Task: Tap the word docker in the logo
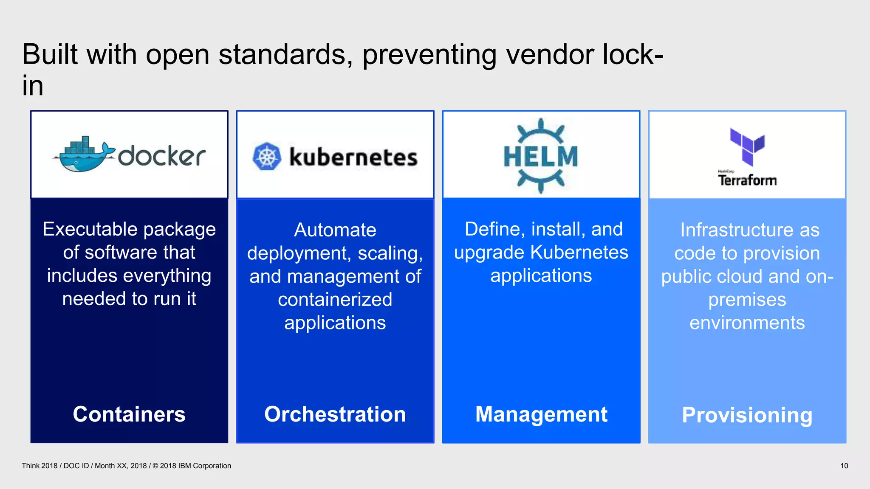pyautogui.click(x=162, y=156)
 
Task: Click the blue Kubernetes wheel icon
pyautogui.click(x=267, y=156)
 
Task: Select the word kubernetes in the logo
pyautogui.click(x=353, y=157)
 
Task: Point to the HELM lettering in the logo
pyautogui.click(x=541, y=156)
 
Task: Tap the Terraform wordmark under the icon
pyautogui.click(x=747, y=180)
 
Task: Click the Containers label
pyautogui.click(x=129, y=414)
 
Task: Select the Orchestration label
pyautogui.click(x=335, y=414)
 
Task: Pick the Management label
pyautogui.click(x=541, y=414)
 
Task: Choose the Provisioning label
pyautogui.click(x=747, y=415)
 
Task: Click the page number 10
pyautogui.click(x=844, y=466)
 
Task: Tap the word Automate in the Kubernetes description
pyautogui.click(x=335, y=230)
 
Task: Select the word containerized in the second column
pyautogui.click(x=335, y=300)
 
